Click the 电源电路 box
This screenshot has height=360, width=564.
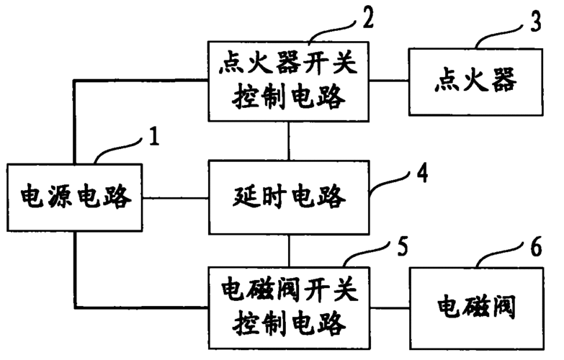(75, 196)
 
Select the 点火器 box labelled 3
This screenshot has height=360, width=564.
(475, 81)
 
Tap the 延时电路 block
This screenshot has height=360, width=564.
(289, 197)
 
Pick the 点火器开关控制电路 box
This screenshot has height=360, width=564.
(289, 81)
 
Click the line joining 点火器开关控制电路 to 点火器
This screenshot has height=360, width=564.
(388, 81)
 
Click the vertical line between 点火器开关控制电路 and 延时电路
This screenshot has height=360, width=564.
(289, 140)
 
